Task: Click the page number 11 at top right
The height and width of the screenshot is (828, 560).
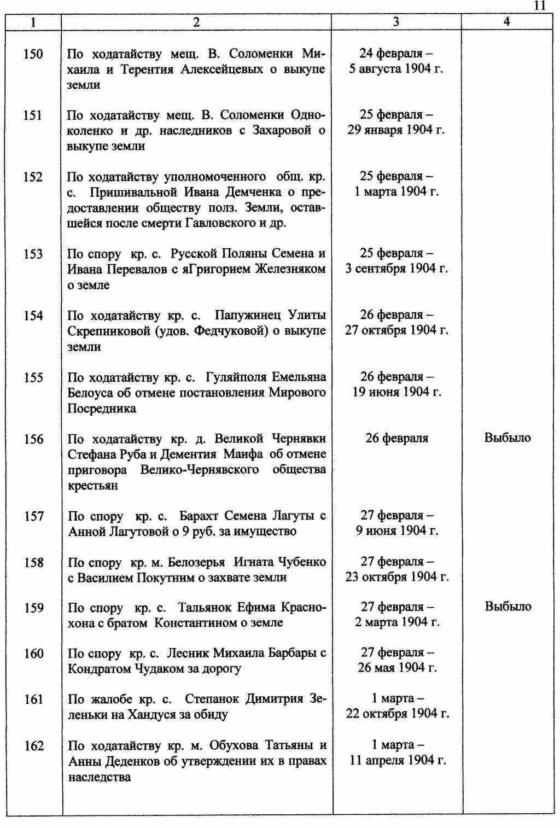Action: tap(539, 5)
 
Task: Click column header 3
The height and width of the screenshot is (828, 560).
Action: tap(396, 22)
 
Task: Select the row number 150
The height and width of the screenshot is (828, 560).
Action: tap(33, 54)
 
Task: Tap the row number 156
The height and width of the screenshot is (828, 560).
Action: tap(33, 439)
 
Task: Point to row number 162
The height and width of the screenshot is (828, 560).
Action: tap(34, 745)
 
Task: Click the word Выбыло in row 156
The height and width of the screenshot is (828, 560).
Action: tap(507, 438)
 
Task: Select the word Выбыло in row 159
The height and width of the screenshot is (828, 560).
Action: tap(507, 607)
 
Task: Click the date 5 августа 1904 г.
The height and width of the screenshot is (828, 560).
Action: tap(396, 69)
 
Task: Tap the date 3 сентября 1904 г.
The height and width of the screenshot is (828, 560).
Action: tap(396, 269)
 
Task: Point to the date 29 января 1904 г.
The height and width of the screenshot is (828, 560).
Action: tap(396, 130)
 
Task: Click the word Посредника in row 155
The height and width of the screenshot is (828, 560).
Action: tap(102, 409)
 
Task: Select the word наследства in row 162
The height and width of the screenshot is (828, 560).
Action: tap(100, 777)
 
